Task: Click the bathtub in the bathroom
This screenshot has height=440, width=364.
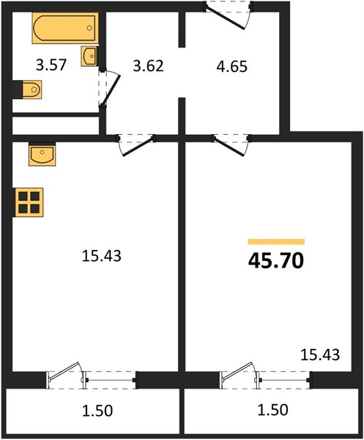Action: pyautogui.click(x=65, y=28)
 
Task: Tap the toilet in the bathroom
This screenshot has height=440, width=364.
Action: pyautogui.click(x=28, y=89)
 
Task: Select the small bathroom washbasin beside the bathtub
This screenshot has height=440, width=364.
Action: pyautogui.click(x=89, y=56)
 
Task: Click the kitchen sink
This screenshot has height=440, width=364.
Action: pyautogui.click(x=42, y=154)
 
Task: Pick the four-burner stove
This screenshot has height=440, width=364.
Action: pyautogui.click(x=29, y=203)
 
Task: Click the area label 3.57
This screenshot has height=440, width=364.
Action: pyautogui.click(x=51, y=65)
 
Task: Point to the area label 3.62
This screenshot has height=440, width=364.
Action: pyautogui.click(x=148, y=67)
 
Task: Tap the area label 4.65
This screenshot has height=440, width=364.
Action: pyautogui.click(x=232, y=67)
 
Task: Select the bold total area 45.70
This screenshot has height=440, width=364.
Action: pyautogui.click(x=276, y=260)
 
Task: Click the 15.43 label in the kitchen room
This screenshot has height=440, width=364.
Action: pyautogui.click(x=102, y=256)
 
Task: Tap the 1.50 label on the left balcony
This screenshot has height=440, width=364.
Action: pyautogui.click(x=97, y=411)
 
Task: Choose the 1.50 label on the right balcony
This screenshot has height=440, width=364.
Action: pyautogui.click(x=272, y=410)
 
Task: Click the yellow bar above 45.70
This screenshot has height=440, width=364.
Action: pyautogui.click(x=276, y=241)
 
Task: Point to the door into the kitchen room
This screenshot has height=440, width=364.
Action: pyautogui.click(x=136, y=145)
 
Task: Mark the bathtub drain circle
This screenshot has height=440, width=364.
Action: pyautogui.click(x=89, y=28)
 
